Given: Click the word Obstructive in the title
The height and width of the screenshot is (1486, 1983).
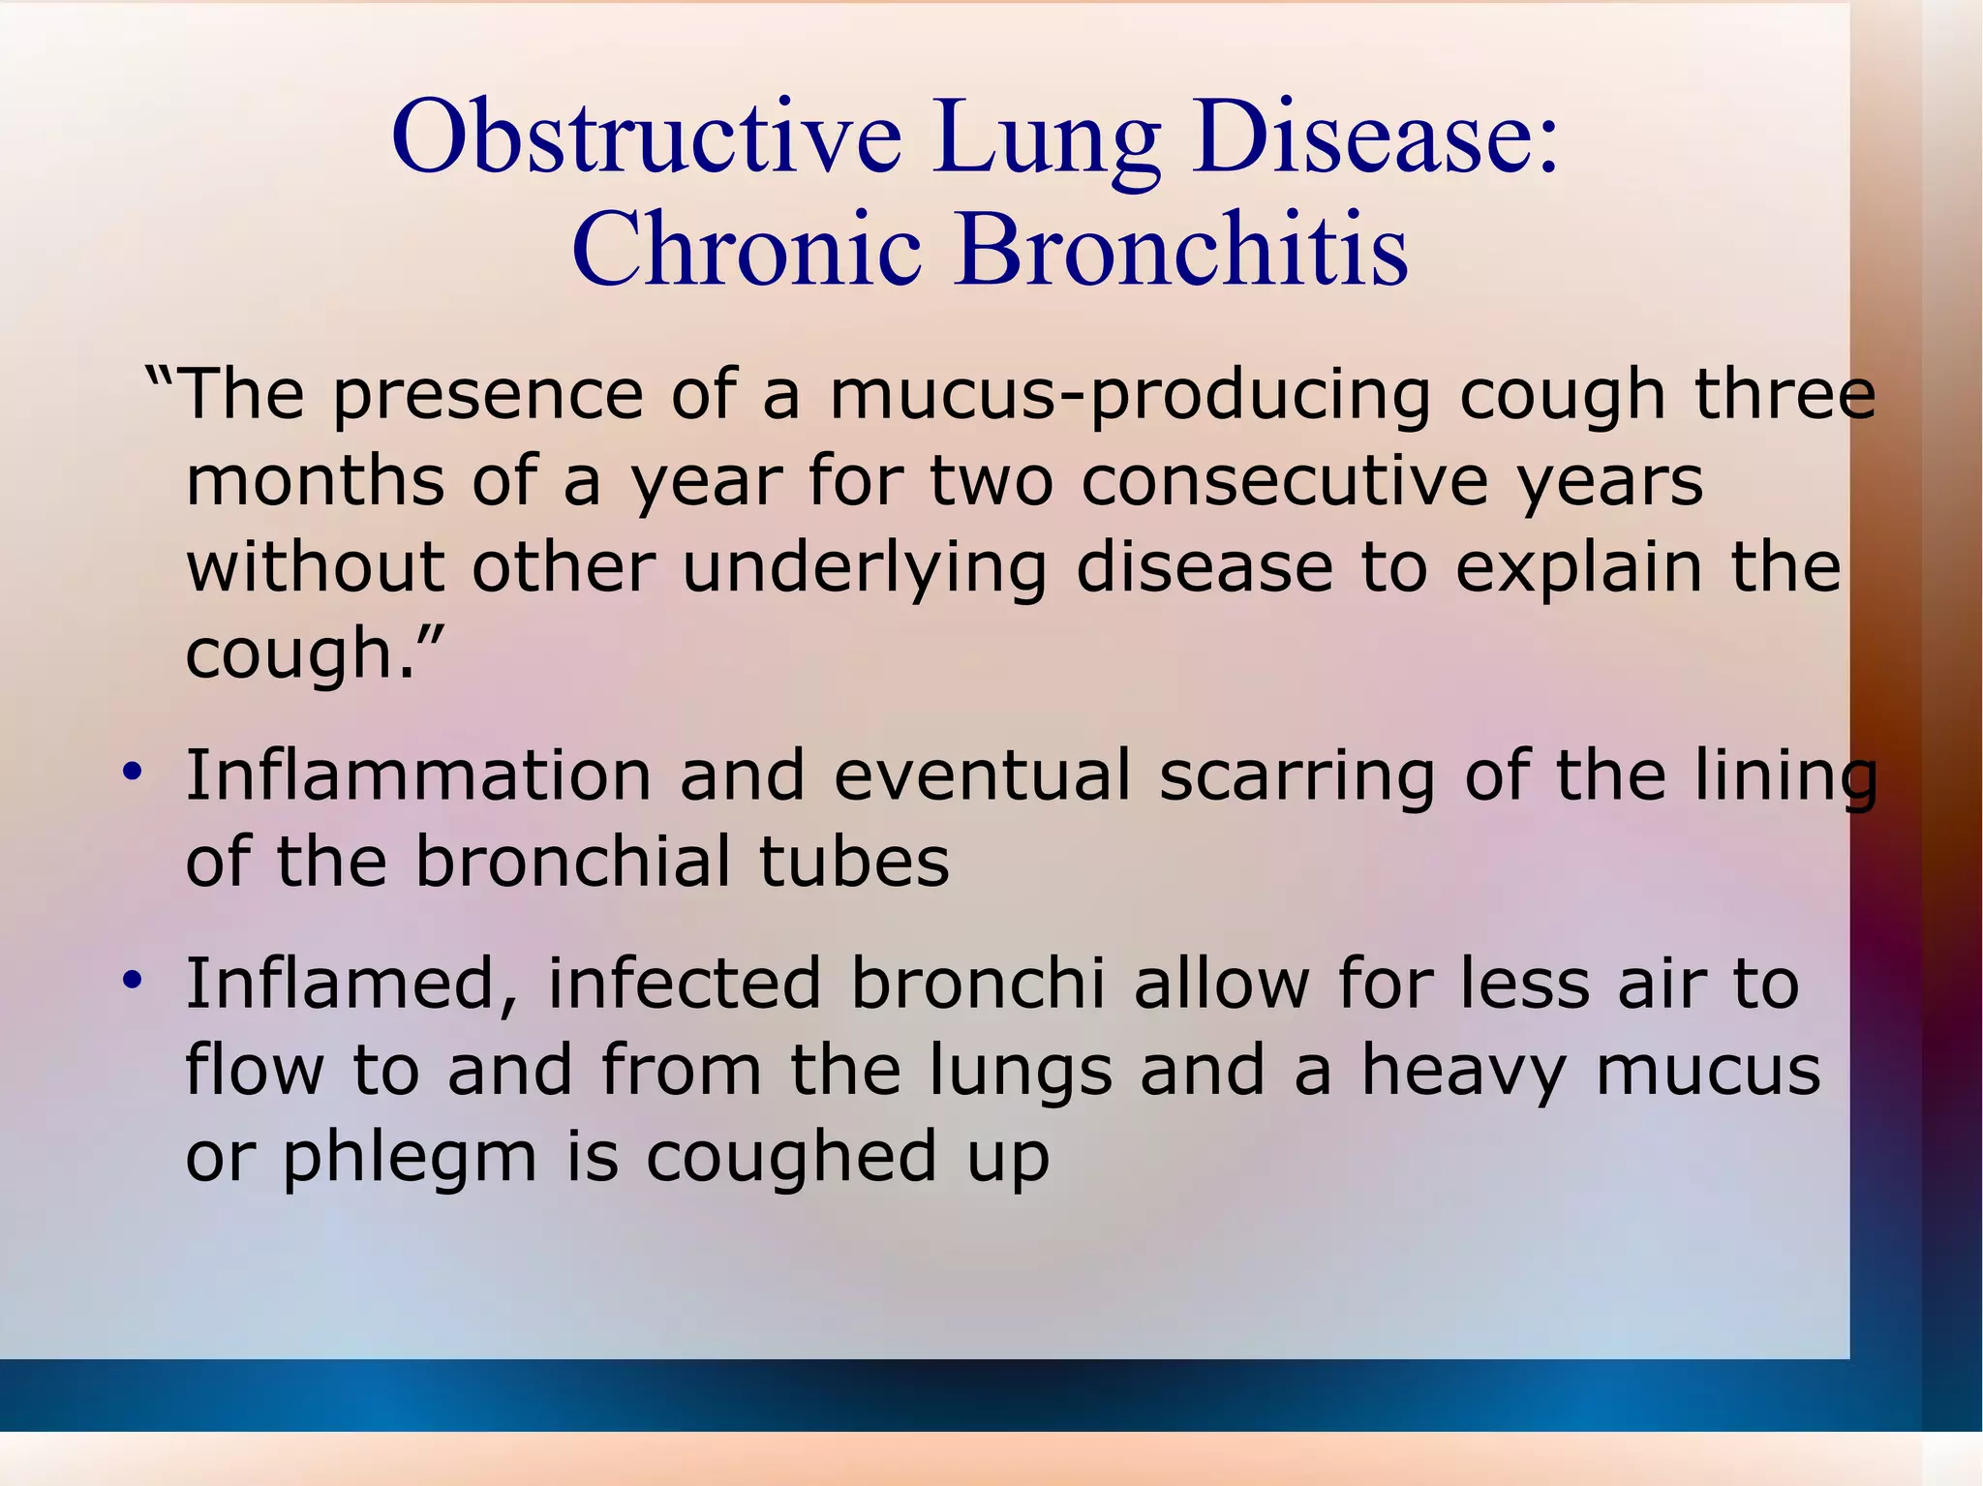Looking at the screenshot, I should point(646,137).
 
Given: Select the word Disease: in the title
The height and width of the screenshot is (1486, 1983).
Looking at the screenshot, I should point(1376,137).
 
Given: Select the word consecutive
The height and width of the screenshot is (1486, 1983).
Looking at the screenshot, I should point(1284,481).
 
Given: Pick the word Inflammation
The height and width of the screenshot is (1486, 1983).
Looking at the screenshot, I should point(418,775).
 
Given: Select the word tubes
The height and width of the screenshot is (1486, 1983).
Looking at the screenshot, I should point(854,862).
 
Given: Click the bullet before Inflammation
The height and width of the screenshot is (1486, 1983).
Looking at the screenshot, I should point(133,773).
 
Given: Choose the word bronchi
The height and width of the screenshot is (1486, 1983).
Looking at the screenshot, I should point(978,984).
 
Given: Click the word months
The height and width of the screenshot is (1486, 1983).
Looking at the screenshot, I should point(315,481).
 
